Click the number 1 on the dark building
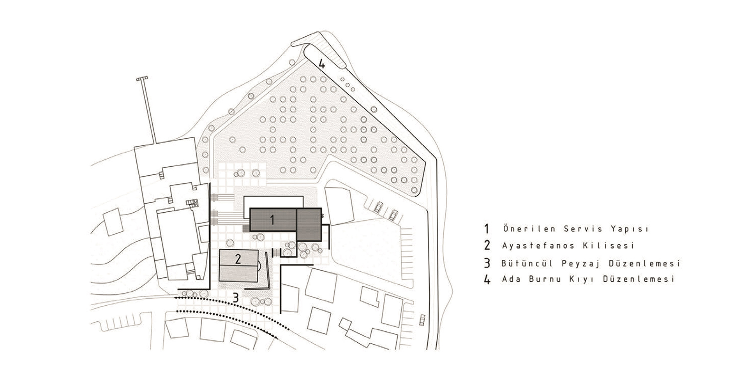(272, 220)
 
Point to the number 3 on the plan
(236, 298)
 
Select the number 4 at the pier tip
(321, 63)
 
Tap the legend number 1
(486, 229)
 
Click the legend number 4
(487, 280)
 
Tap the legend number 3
(487, 263)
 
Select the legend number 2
(487, 246)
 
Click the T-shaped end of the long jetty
(142, 79)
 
